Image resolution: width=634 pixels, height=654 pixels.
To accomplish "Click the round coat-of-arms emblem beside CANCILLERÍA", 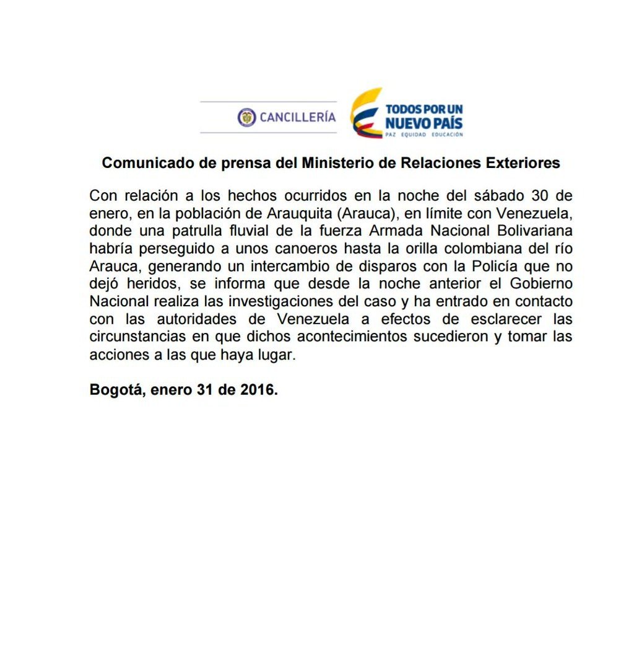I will point(246,117).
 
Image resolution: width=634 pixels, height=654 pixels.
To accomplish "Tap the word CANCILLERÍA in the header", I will point(298,117).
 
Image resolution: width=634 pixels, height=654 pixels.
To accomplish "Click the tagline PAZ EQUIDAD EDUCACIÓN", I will point(424,134).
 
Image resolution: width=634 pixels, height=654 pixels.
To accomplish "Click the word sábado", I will point(502,196).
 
